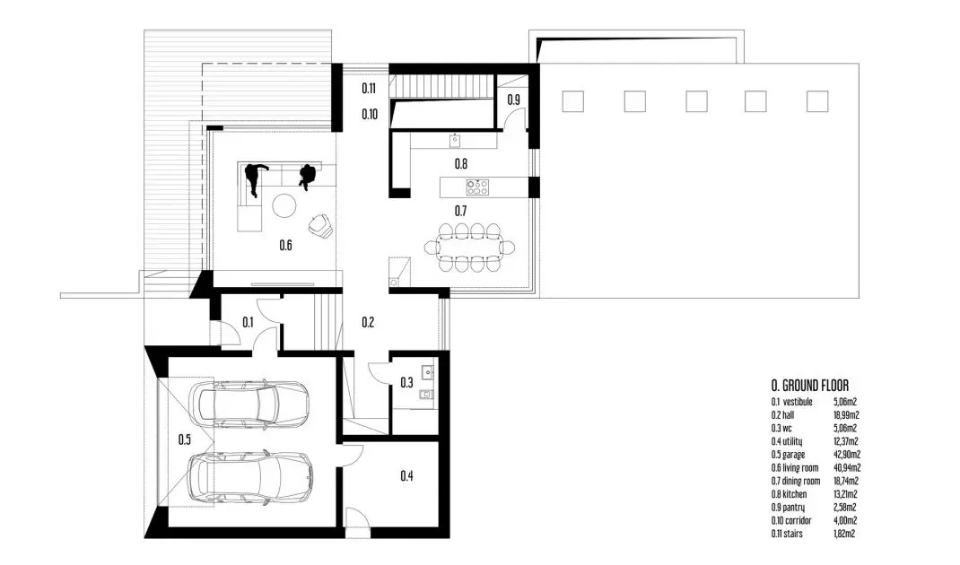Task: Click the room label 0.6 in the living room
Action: click(x=285, y=246)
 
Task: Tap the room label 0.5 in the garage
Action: click(x=184, y=439)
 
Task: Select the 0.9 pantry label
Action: click(x=514, y=100)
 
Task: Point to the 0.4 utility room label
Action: click(x=406, y=475)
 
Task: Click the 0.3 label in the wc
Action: click(x=406, y=383)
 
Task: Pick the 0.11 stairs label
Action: click(x=369, y=88)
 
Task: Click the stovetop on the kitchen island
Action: click(x=477, y=187)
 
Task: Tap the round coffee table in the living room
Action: click(x=284, y=205)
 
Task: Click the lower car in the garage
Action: click(x=251, y=478)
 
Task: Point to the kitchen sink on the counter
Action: click(x=455, y=141)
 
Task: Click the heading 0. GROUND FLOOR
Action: click(x=810, y=386)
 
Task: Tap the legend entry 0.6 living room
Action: click(x=795, y=467)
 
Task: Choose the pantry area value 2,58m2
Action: click(x=845, y=508)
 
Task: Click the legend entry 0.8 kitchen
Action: click(x=790, y=494)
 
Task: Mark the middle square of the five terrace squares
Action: click(x=696, y=101)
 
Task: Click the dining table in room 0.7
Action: click(x=469, y=248)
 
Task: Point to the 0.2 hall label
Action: click(x=367, y=322)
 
